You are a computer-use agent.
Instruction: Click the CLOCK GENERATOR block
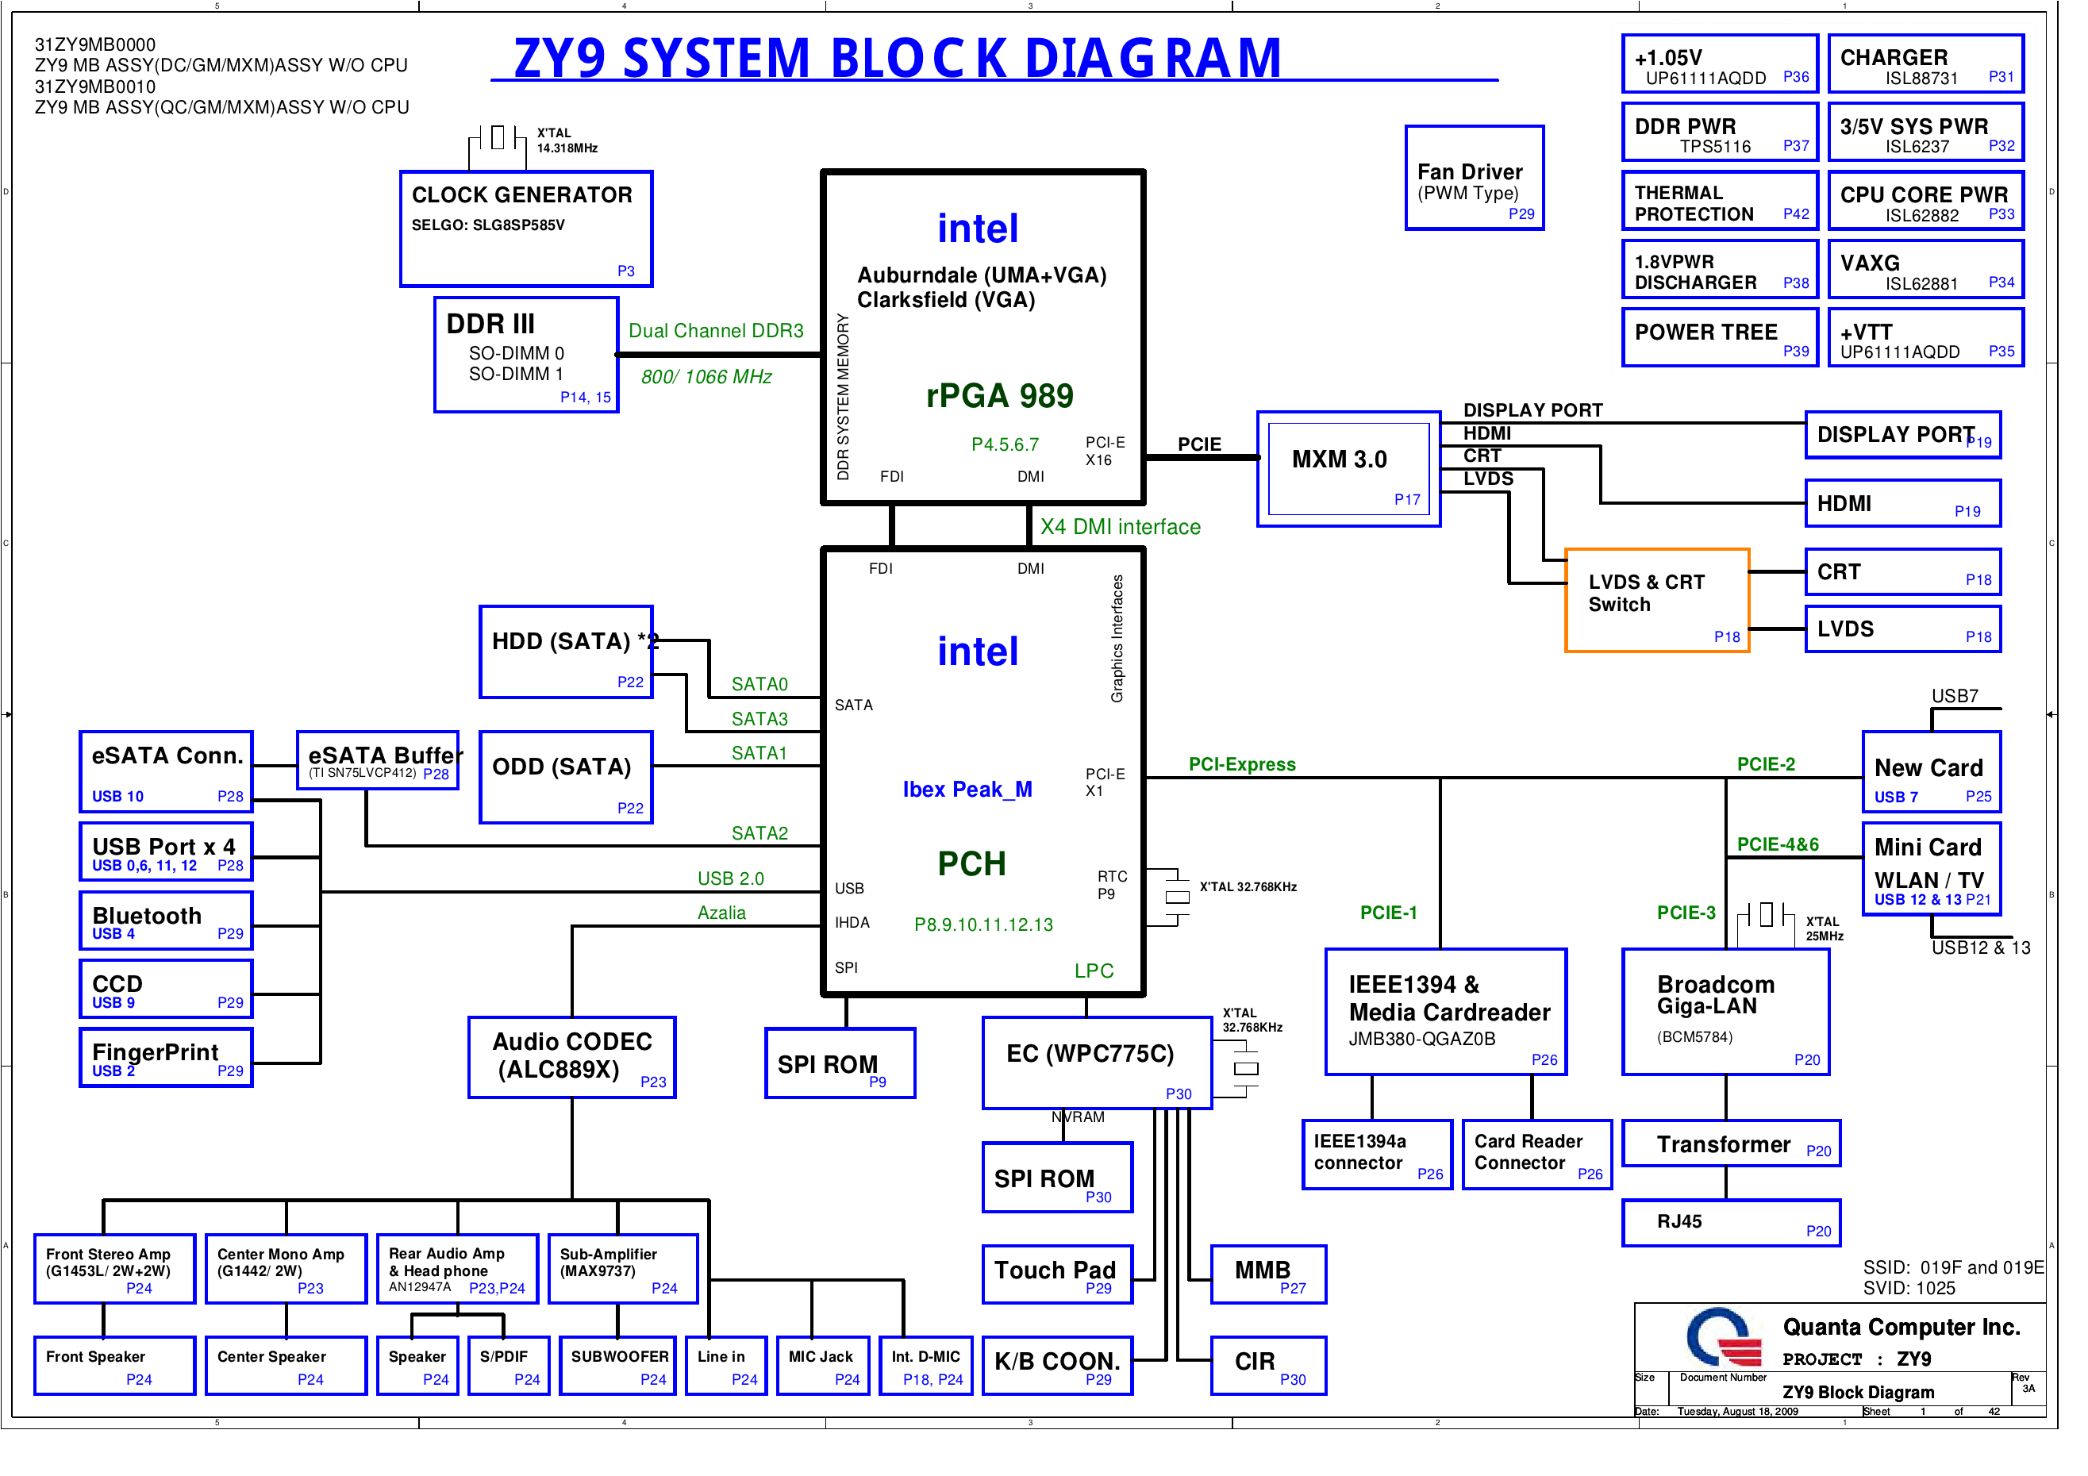pyautogui.click(x=525, y=229)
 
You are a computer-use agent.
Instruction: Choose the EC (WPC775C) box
pyautogui.click(x=1097, y=1063)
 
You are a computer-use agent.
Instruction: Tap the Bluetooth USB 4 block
pyautogui.click(x=167, y=921)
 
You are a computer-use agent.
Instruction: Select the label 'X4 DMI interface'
pyautogui.click(x=1120, y=528)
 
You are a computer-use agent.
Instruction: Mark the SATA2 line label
pyautogui.click(x=759, y=833)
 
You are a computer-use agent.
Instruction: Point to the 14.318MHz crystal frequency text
pyautogui.click(x=567, y=148)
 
